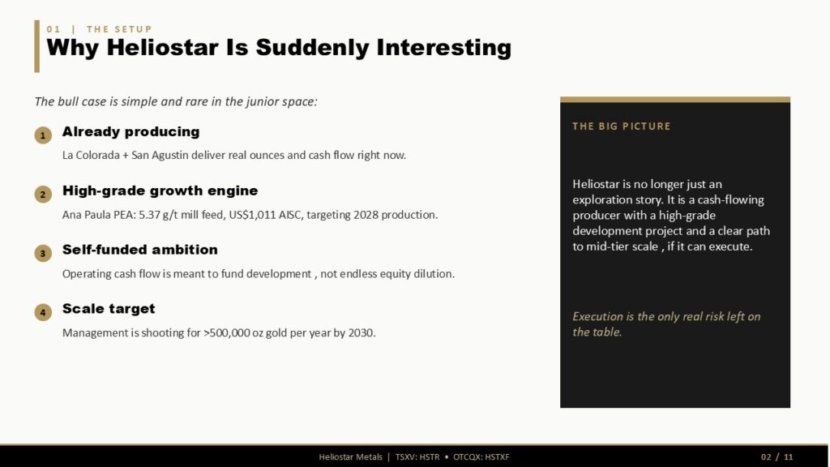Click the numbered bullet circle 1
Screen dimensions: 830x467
[x=43, y=135]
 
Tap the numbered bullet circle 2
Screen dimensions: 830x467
[x=43, y=195]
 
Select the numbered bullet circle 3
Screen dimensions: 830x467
[x=43, y=253]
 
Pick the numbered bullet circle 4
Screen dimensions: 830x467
[x=43, y=312]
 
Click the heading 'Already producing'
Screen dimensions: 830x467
[x=130, y=132]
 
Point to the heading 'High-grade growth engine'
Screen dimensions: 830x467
[x=160, y=191]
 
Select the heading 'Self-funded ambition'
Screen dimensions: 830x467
[x=139, y=250]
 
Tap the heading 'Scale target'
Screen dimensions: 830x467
[x=109, y=309]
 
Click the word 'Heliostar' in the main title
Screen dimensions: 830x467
[x=162, y=47]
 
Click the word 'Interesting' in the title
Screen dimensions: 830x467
[x=443, y=48]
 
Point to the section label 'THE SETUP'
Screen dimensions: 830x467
[x=119, y=29]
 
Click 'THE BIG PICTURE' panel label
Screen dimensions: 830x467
[x=621, y=126]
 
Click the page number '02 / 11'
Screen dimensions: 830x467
[x=777, y=457]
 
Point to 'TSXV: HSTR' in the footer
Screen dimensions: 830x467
[x=417, y=457]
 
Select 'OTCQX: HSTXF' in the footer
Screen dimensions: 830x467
[x=481, y=457]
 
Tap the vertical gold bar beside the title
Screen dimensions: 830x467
[x=37, y=46]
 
